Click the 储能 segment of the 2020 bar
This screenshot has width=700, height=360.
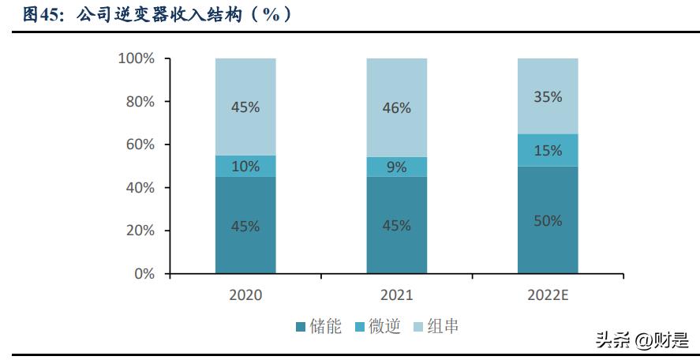click(245, 225)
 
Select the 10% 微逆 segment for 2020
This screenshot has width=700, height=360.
click(245, 166)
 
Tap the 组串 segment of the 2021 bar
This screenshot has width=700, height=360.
click(396, 107)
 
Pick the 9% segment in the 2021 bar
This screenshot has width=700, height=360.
click(396, 167)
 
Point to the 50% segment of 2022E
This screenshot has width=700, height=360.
click(548, 220)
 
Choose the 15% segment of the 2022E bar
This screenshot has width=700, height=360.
click(548, 150)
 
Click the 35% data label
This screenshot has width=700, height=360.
click(548, 97)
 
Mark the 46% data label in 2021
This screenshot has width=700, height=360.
click(396, 108)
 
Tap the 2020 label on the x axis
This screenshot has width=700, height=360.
click(245, 295)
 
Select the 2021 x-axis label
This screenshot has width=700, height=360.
click(396, 295)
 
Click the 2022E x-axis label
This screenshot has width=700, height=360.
click(548, 295)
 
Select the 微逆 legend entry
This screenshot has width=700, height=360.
click(378, 326)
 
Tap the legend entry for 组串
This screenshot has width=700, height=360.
click(436, 326)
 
